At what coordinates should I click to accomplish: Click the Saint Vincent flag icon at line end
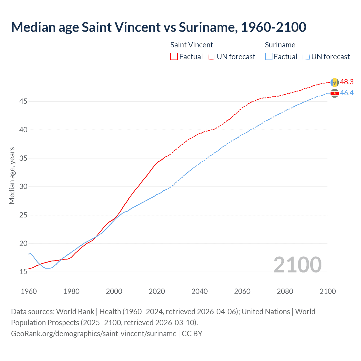[334, 82]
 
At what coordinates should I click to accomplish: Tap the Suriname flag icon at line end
[334, 93]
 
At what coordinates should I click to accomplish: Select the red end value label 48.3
[347, 82]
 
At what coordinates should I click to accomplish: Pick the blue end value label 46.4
[347, 93]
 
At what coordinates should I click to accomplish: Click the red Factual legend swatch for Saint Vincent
[174, 56]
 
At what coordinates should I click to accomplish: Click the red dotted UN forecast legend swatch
[212, 56]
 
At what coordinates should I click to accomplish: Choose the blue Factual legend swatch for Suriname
[269, 56]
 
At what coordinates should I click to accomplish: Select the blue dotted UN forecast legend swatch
[306, 56]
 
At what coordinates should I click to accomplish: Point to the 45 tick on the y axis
[23, 101]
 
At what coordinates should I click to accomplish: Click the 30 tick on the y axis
[23, 186]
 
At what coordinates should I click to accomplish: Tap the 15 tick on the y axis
[23, 272]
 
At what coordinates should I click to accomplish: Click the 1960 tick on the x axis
[29, 291]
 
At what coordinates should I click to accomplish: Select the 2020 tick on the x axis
[157, 291]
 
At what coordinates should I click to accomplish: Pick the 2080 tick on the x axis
[285, 291]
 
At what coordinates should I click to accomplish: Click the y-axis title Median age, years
[12, 175]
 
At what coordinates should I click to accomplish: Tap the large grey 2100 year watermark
[297, 265]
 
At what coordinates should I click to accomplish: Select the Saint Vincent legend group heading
[191, 45]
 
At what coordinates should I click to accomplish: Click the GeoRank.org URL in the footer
[94, 333]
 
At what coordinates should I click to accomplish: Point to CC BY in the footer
[192, 333]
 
